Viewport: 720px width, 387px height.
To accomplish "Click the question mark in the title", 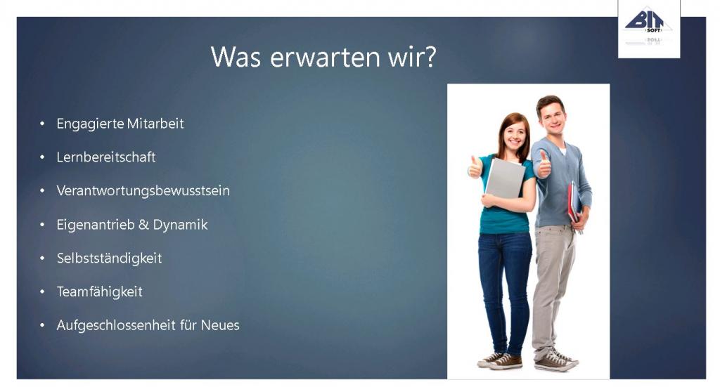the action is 429,57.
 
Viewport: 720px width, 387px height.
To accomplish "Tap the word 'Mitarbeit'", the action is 155,124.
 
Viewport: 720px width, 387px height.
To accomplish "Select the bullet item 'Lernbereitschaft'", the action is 106,157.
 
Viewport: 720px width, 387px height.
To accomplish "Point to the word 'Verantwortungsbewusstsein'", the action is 143,191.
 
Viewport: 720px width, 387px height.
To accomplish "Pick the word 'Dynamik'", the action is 180,225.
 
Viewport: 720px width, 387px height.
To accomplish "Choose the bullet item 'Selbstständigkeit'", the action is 109,258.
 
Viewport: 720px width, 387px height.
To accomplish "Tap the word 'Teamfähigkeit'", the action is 100,291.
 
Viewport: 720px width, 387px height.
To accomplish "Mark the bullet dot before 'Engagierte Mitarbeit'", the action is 42,124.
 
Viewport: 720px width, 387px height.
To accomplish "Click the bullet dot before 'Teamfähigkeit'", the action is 42,291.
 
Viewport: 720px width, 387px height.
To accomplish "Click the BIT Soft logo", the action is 649,27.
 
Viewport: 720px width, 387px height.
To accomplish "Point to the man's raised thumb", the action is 544,164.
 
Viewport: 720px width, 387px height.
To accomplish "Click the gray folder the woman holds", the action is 505,178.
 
